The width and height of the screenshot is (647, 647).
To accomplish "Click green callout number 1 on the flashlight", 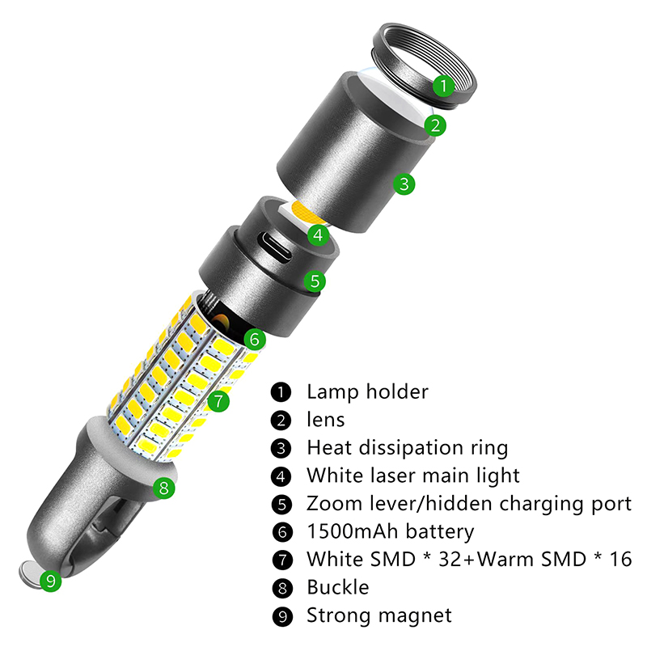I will (442, 83).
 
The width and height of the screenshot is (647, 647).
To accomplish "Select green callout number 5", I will (315, 281).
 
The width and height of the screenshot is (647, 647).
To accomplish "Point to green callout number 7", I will (218, 400).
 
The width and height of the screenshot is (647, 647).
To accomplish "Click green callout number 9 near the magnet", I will (51, 581).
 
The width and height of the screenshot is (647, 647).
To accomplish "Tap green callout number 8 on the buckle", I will (163, 488).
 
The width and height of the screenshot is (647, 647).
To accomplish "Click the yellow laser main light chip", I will (302, 214).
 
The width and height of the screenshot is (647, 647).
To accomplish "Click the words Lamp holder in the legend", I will (367, 392).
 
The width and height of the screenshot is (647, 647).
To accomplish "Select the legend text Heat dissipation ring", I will (407, 447).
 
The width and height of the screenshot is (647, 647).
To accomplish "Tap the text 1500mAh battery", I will (390, 531).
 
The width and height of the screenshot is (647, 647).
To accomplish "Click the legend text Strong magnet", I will (378, 615).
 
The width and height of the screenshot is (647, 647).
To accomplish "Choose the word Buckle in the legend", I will (337, 587).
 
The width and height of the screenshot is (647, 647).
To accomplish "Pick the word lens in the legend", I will (325, 420).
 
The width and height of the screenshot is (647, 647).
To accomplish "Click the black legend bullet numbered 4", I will (281, 476).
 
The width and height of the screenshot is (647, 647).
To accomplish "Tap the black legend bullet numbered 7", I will (281, 560).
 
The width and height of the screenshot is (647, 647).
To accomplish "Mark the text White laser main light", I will (412, 476).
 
